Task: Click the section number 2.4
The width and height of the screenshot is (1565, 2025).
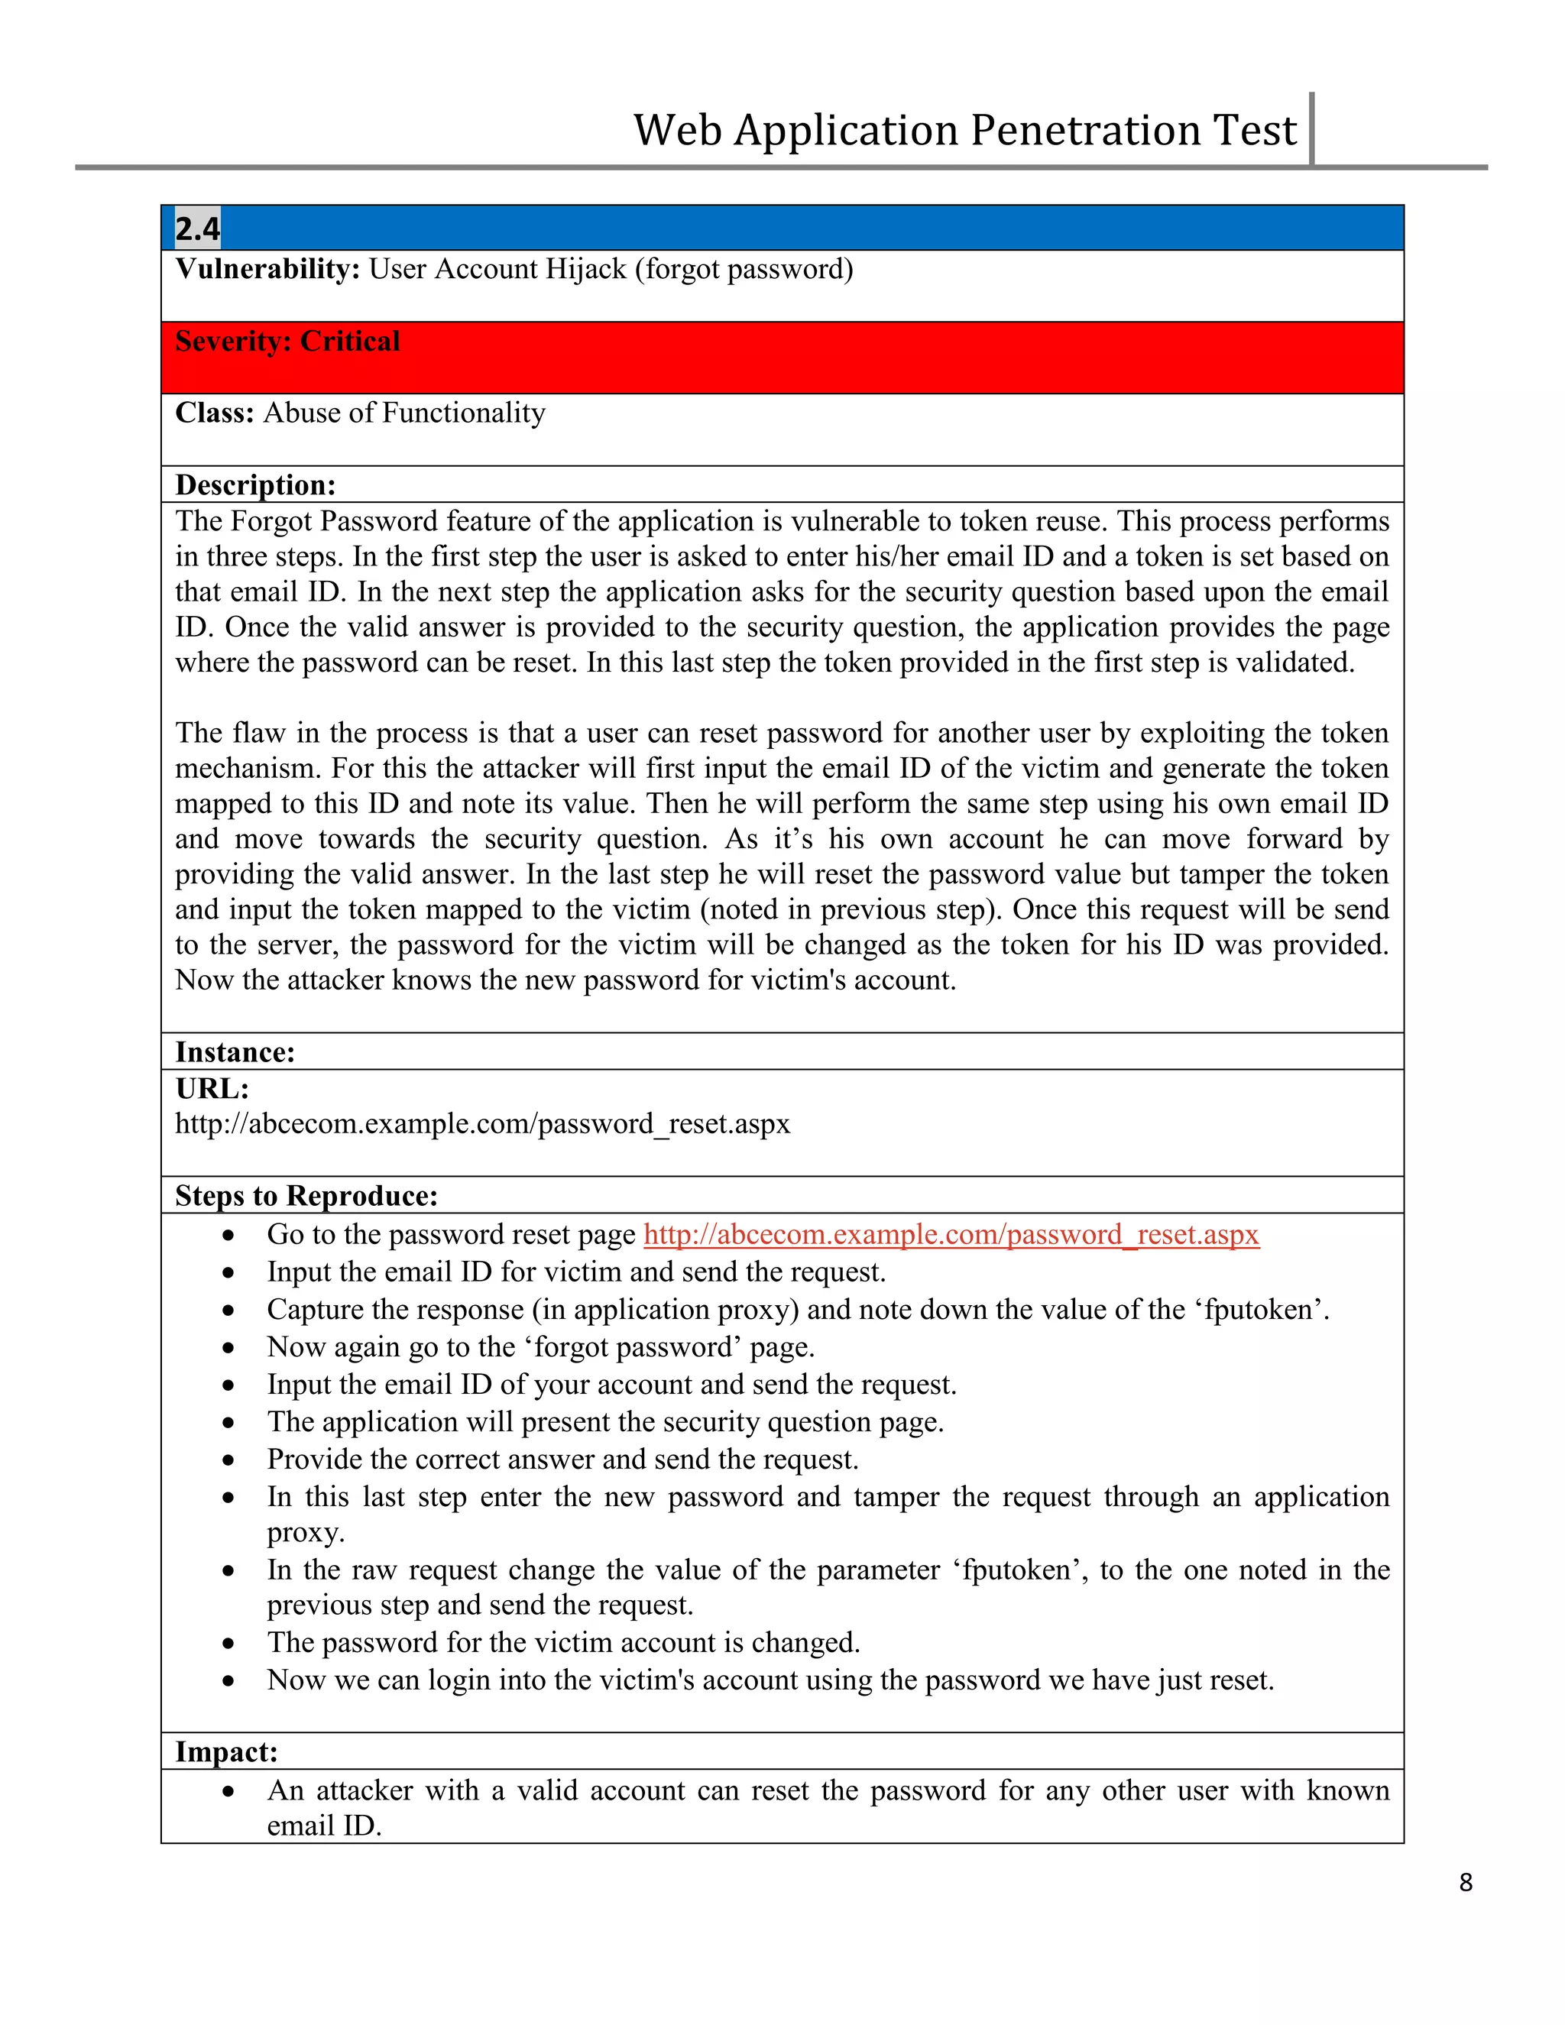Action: coord(197,228)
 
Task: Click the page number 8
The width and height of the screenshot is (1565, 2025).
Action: coord(1465,1881)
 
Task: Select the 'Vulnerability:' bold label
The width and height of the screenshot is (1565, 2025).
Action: coord(267,269)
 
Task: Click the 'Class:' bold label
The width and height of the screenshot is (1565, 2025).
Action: coord(214,413)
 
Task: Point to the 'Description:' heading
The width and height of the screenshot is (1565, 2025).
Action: coord(255,485)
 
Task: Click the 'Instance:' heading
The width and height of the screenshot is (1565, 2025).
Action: coord(235,1052)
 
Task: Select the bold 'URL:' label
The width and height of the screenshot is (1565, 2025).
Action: coord(212,1088)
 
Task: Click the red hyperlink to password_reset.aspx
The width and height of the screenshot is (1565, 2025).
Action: coord(951,1235)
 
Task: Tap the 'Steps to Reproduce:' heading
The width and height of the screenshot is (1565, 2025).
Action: coord(306,1196)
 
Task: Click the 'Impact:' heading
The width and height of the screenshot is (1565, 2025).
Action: coord(226,1751)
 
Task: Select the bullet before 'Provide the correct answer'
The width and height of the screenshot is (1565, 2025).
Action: coord(228,1460)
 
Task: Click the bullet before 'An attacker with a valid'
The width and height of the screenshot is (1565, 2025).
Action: coord(228,1791)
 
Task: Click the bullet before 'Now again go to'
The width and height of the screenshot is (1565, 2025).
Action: coord(228,1348)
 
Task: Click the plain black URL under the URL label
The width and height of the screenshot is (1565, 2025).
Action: coord(482,1124)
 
